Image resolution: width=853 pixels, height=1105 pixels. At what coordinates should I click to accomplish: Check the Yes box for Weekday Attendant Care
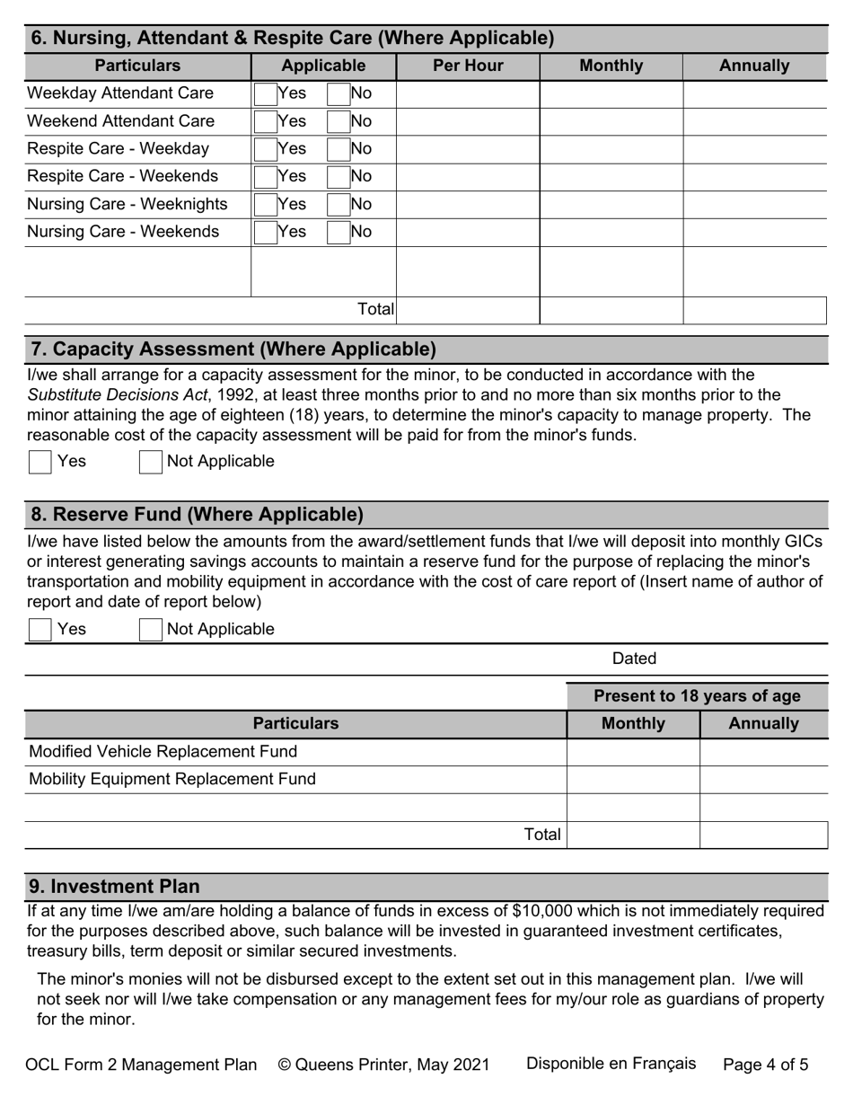[266, 93]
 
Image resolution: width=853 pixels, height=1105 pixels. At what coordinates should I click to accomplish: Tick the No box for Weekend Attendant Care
[339, 121]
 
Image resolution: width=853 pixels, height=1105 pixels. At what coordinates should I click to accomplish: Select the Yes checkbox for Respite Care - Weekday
[266, 149]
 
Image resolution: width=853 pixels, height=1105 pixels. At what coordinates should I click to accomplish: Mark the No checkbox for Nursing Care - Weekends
[339, 233]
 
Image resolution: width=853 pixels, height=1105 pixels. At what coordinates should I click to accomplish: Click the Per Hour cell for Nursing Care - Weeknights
[467, 205]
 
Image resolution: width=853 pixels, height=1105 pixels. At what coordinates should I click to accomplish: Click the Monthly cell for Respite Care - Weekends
[611, 177]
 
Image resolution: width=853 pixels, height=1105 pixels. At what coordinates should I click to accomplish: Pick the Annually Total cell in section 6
[754, 310]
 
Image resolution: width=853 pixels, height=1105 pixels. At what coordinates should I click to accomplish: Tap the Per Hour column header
[468, 66]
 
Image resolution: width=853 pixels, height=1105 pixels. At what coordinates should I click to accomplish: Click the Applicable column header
[323, 66]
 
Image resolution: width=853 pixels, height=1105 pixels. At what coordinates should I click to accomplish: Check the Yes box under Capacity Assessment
[40, 462]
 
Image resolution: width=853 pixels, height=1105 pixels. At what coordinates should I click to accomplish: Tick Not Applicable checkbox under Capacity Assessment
[151, 462]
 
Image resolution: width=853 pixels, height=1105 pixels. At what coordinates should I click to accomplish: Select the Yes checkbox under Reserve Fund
[40, 630]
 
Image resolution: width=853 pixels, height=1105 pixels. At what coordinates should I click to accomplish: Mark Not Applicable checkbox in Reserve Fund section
[151, 630]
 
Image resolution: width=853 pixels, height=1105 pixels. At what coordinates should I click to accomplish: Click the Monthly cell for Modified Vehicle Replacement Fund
[633, 752]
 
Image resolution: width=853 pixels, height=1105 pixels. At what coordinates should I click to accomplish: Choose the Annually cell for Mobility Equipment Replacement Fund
[763, 780]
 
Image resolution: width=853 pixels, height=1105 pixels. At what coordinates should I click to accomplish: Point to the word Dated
[634, 659]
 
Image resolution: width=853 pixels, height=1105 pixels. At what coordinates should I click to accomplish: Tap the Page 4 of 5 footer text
[765, 1065]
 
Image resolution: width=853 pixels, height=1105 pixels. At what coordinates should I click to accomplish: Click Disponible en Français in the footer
[611, 1065]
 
